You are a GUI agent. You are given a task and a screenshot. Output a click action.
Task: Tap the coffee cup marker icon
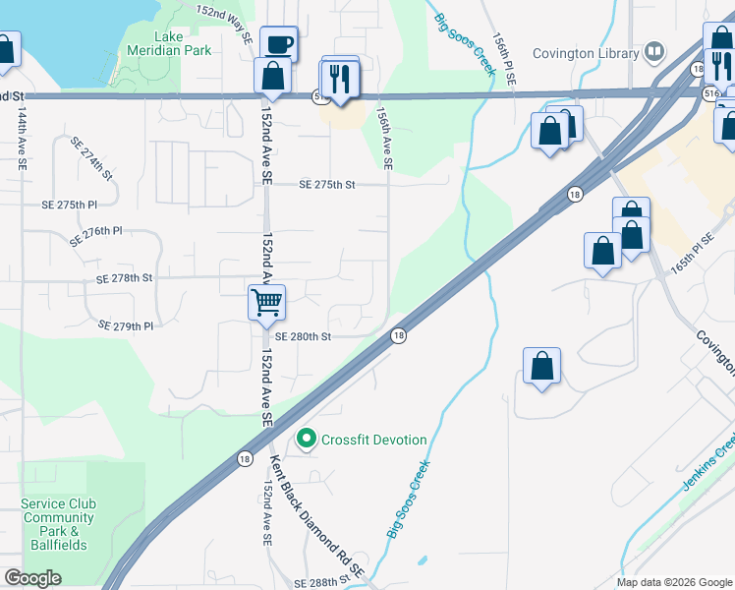click(x=278, y=43)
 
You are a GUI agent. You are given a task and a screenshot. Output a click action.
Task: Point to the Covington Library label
click(x=586, y=52)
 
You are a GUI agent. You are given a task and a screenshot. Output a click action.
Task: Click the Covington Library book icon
click(x=654, y=52)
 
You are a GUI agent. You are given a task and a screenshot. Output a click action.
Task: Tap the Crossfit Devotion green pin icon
click(x=307, y=440)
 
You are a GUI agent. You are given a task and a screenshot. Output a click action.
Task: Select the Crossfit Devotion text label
click(x=373, y=440)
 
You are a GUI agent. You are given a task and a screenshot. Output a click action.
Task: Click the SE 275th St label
click(x=326, y=184)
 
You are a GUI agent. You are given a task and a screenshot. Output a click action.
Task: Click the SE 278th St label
click(x=125, y=279)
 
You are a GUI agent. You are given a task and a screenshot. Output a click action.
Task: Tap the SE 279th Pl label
click(x=127, y=325)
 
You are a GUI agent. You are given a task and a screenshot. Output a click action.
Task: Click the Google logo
click(x=32, y=578)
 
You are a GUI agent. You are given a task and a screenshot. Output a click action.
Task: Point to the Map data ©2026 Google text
click(x=674, y=582)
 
